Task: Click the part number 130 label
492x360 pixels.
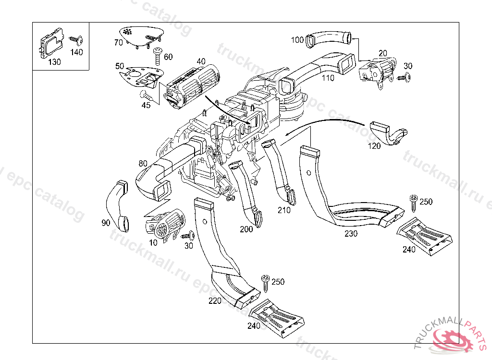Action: click(x=54, y=62)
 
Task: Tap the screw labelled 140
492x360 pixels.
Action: click(x=74, y=38)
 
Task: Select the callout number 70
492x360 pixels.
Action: click(x=119, y=42)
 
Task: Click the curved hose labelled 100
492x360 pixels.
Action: click(x=329, y=38)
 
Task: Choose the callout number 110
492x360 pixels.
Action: click(x=328, y=78)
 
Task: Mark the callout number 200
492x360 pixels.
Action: click(x=246, y=229)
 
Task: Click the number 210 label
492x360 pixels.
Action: click(x=284, y=210)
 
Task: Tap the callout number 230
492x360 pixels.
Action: click(x=350, y=234)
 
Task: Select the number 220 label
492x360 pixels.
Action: click(x=215, y=301)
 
